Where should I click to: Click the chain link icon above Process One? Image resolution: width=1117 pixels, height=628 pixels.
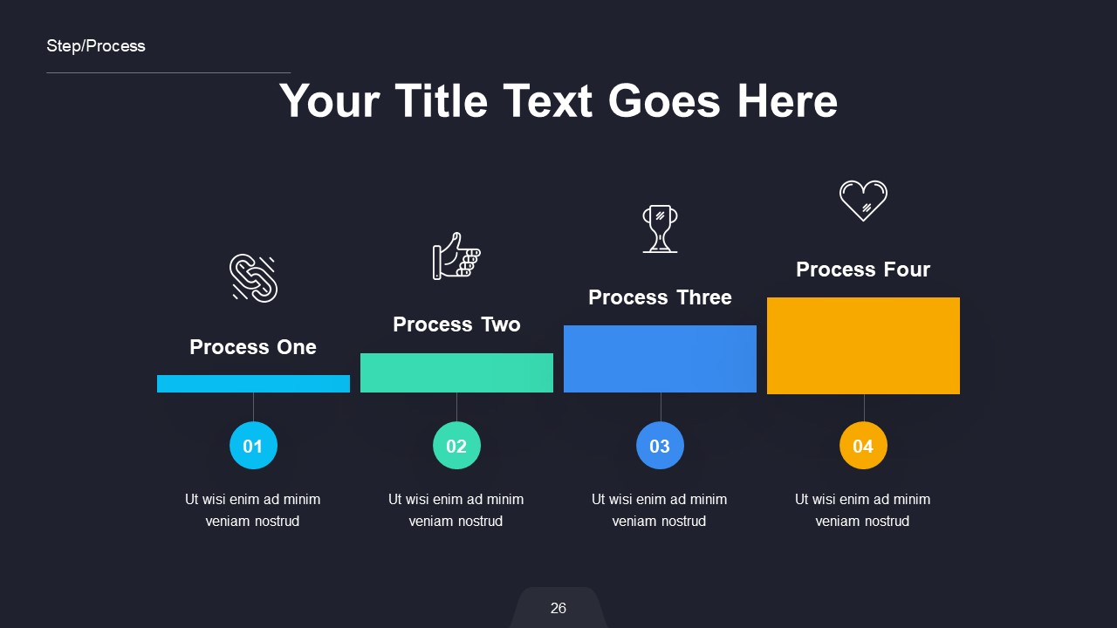tap(253, 278)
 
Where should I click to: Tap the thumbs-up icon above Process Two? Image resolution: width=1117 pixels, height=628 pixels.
tap(456, 256)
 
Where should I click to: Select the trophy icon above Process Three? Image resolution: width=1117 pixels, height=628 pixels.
tap(660, 229)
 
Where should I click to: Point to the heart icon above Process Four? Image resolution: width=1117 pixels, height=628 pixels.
tap(863, 200)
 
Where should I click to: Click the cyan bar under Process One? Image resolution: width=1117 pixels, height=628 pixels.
tap(253, 384)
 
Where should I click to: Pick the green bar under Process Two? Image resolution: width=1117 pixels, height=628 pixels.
tap(456, 372)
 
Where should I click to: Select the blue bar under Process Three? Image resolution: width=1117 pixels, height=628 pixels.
tap(660, 358)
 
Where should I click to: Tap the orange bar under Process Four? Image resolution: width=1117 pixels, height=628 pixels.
tap(863, 345)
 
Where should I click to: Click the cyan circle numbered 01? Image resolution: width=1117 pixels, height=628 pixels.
tap(253, 446)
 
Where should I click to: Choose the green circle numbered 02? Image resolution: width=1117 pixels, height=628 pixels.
tap(456, 446)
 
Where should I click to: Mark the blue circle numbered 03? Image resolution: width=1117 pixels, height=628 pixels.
tap(660, 446)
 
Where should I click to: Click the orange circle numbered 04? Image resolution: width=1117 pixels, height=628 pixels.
tap(863, 446)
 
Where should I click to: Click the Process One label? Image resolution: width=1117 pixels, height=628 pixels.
tap(253, 347)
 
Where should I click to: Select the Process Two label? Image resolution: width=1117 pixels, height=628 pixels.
tap(456, 324)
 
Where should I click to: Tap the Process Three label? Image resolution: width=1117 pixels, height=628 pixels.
tap(660, 297)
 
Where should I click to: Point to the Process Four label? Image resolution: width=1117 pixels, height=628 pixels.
tap(863, 270)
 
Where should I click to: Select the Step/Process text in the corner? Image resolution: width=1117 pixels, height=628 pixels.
tap(96, 46)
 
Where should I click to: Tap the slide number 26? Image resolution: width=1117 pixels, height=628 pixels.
tap(558, 608)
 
